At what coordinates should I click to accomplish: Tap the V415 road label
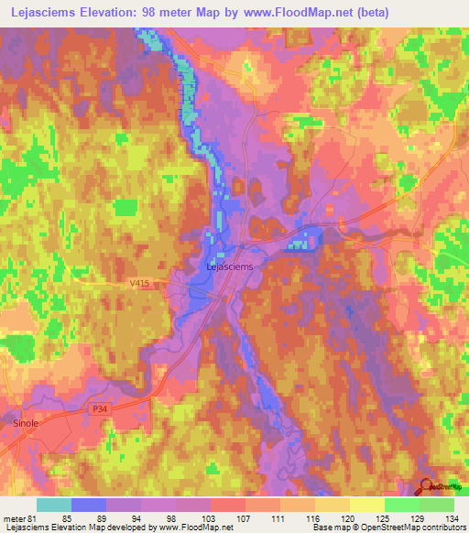coord(139,286)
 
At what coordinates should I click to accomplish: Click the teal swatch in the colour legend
coord(54,505)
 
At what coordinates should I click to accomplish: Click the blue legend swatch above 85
coord(89,505)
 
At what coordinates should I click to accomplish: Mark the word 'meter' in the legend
coord(15,517)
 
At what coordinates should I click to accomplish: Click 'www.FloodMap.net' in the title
coord(279,13)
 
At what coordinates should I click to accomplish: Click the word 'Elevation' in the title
coord(115,13)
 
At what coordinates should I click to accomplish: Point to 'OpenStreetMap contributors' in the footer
coord(408,528)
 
